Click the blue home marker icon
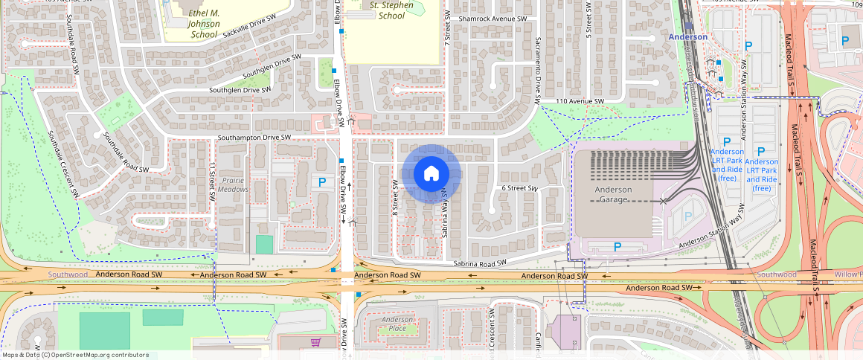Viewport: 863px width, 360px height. pyautogui.click(x=431, y=174)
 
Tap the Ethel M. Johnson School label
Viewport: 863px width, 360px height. pyautogui.click(x=193, y=24)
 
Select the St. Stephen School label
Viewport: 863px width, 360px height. pyautogui.click(x=387, y=10)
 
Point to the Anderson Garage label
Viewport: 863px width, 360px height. pyautogui.click(x=614, y=195)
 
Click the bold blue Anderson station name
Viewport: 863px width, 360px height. pyautogui.click(x=688, y=36)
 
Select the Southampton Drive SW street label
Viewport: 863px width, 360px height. pyautogui.click(x=254, y=138)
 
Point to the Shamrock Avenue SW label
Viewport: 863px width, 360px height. pyautogui.click(x=493, y=19)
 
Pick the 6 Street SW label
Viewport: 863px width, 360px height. pyautogui.click(x=519, y=189)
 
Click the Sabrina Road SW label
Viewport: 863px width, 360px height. pyautogui.click(x=480, y=263)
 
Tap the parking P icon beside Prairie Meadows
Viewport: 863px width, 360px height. pyautogui.click(x=322, y=181)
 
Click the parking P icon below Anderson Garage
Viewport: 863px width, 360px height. pyautogui.click(x=617, y=246)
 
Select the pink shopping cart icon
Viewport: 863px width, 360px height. pyautogui.click(x=315, y=342)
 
